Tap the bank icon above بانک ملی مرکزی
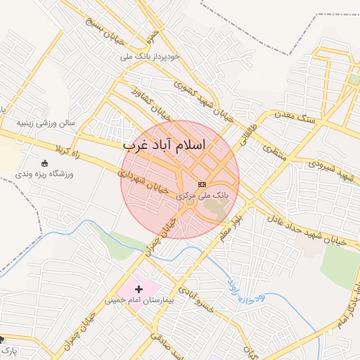click(202, 184)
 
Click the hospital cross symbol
click(139, 288)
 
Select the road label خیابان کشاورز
click(149, 105)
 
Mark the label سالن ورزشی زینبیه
click(51, 123)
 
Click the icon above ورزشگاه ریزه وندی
click(45, 163)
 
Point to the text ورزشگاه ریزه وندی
click(51, 173)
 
